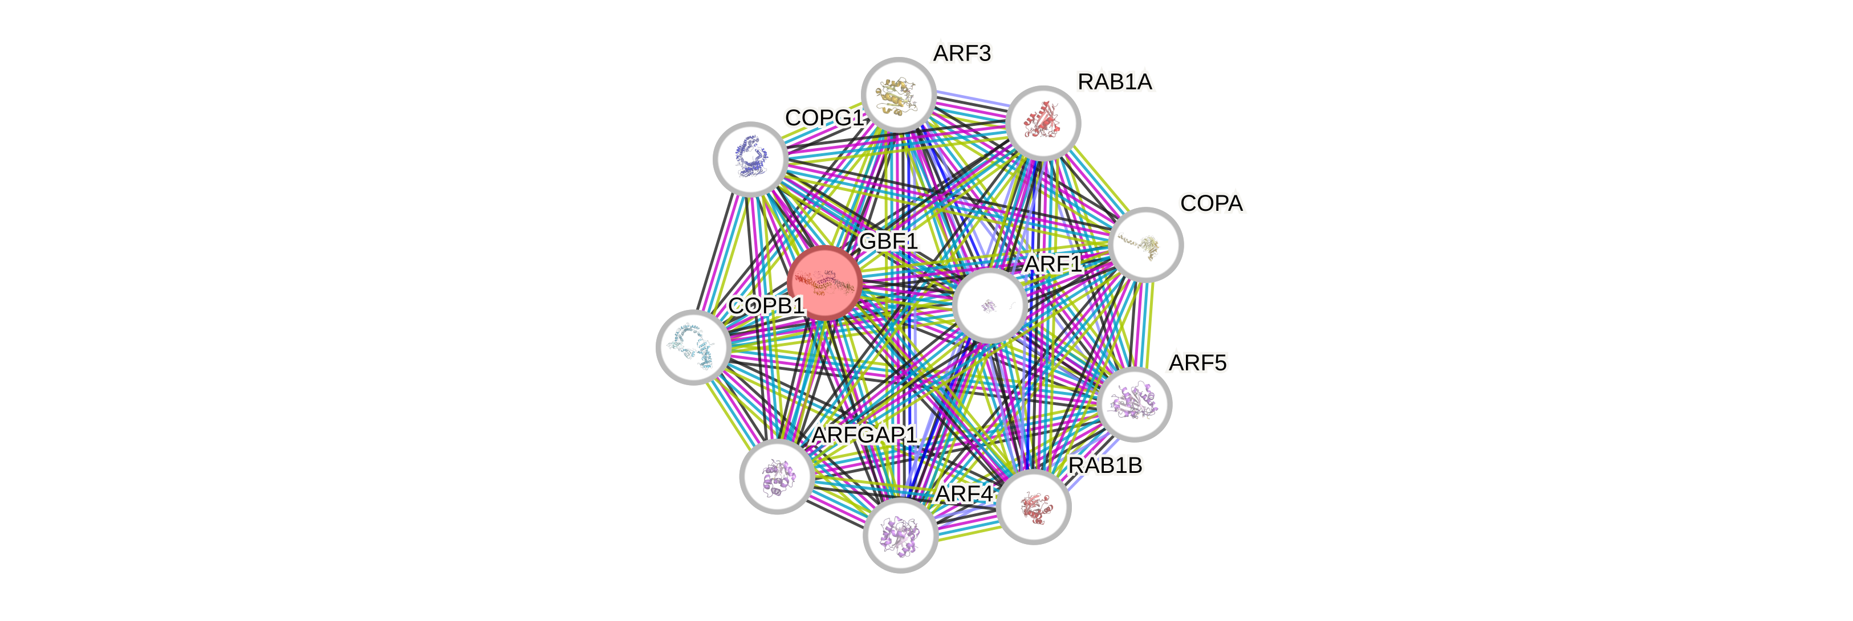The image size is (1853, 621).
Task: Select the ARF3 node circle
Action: point(899,94)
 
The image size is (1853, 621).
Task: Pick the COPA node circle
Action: point(1146,244)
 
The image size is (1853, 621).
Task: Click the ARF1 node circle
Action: point(990,305)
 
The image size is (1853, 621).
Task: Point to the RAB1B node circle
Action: point(1034,506)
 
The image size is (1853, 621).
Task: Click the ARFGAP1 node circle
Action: point(778,476)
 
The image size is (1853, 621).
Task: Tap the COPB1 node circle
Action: point(693,347)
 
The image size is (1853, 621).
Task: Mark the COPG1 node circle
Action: point(750,159)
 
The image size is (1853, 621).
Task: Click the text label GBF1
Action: point(889,242)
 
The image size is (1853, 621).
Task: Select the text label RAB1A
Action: point(1115,82)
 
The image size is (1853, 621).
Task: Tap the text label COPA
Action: point(1212,204)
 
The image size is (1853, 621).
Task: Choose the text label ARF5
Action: point(1197,363)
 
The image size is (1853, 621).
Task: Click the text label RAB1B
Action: point(1105,466)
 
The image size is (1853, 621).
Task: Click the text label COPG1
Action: point(824,118)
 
